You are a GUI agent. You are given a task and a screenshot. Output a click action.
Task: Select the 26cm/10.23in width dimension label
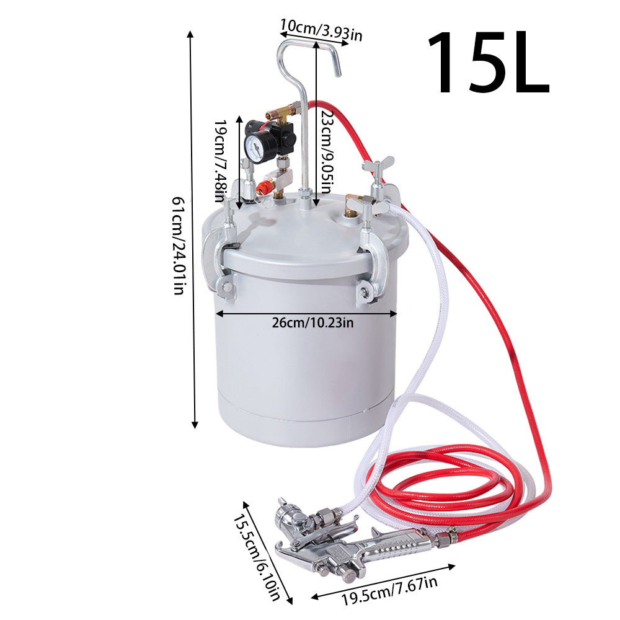tap(312, 323)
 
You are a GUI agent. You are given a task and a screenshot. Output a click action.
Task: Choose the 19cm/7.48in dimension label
tap(220, 161)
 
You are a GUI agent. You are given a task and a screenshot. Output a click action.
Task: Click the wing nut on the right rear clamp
tap(378, 166)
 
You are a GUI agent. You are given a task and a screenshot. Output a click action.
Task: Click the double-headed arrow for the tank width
tap(306, 314)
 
